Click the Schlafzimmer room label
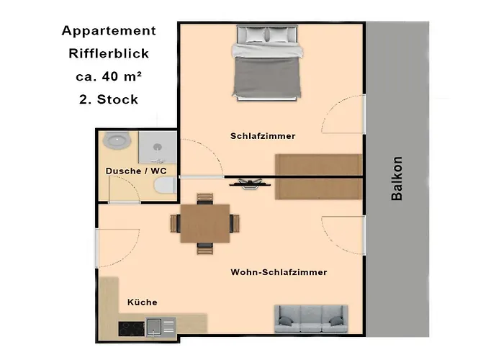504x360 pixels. coord(263,136)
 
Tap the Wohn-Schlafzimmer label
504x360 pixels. coord(279,272)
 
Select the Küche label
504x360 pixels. coord(142,302)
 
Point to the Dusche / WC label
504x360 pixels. coord(136,171)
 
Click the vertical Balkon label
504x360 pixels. coord(397,179)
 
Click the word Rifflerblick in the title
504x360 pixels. coord(109,53)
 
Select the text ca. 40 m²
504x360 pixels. coord(109,76)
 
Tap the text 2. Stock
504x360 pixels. coord(109,99)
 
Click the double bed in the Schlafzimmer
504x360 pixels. coord(267,63)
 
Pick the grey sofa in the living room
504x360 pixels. coord(311,319)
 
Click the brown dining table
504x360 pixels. coord(205,223)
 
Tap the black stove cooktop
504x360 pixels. coord(132,329)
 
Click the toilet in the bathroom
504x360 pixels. coord(165,186)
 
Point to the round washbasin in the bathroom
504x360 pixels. coord(116,140)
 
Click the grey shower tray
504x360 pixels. coord(158,148)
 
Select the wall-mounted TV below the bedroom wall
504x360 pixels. coord(250,184)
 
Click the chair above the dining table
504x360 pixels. coord(204,199)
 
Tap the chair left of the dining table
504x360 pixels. coord(175,223)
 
